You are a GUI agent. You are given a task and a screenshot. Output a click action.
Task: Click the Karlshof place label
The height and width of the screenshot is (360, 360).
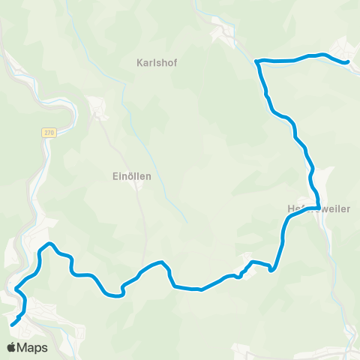click(156, 63)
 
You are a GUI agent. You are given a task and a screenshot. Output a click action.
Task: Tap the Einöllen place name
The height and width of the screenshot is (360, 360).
click(127, 176)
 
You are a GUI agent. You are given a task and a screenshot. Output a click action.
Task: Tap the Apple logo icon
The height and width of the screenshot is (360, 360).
click(12, 347)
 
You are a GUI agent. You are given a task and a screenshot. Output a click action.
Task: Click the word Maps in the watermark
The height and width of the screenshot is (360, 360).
click(33, 347)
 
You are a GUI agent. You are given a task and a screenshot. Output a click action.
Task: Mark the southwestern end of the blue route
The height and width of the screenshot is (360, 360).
click(12, 325)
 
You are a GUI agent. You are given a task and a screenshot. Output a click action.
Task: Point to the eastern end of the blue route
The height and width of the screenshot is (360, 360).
click(347, 63)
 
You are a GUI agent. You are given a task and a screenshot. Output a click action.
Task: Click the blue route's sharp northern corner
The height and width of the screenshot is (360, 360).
click(257, 60)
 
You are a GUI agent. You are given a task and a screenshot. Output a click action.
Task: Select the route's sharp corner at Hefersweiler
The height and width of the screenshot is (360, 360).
click(319, 208)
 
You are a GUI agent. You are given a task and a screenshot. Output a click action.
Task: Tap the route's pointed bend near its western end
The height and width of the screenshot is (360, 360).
click(49, 243)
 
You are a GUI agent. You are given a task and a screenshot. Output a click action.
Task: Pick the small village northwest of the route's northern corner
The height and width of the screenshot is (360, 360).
click(223, 34)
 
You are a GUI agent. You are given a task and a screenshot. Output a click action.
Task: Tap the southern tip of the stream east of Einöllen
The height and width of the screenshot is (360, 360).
click(185, 220)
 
